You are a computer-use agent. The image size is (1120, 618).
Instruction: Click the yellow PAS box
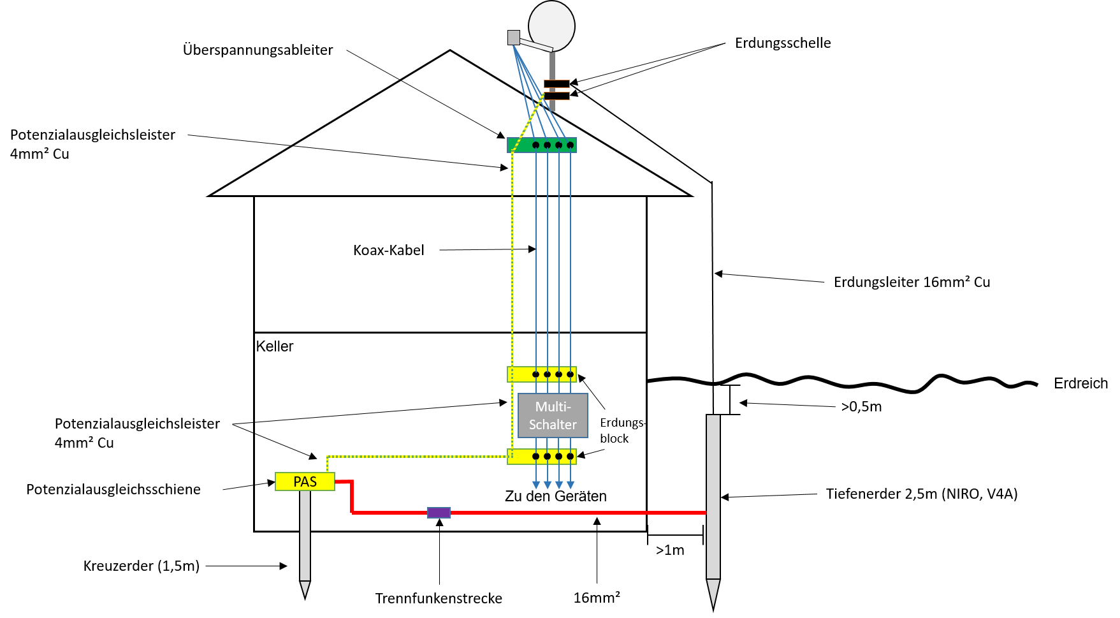(x=305, y=482)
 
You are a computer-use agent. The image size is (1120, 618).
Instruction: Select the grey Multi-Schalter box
(x=553, y=415)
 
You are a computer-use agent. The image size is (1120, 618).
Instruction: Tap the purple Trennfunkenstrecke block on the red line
(x=439, y=512)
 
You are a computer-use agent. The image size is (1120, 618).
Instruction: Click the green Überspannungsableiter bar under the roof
(x=542, y=145)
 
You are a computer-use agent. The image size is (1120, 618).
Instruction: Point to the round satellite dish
(x=552, y=26)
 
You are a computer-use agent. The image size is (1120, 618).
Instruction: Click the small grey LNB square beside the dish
(x=514, y=37)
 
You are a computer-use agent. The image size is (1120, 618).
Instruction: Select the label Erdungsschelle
(x=783, y=43)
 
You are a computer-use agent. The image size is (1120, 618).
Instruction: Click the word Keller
(x=275, y=346)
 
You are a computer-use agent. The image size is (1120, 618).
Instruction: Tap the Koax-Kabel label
(x=388, y=250)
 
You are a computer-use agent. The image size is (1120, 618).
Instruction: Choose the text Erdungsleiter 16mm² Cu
(x=912, y=282)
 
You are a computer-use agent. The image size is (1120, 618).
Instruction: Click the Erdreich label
(x=1080, y=383)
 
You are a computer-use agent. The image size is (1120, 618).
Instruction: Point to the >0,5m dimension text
(x=861, y=406)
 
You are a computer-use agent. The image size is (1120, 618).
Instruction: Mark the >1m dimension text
(x=670, y=550)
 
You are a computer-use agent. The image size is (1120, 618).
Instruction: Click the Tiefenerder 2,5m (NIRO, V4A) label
(x=922, y=494)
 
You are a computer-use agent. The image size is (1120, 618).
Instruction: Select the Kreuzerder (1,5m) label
(x=142, y=566)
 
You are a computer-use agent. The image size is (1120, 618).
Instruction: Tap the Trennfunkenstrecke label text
(x=439, y=598)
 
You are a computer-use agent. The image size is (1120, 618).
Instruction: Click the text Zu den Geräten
(x=556, y=496)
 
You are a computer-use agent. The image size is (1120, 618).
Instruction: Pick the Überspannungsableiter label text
(x=258, y=50)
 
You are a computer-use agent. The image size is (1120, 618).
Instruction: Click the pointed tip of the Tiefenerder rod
(x=713, y=610)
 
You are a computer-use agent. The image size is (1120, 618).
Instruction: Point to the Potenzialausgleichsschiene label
(x=113, y=489)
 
